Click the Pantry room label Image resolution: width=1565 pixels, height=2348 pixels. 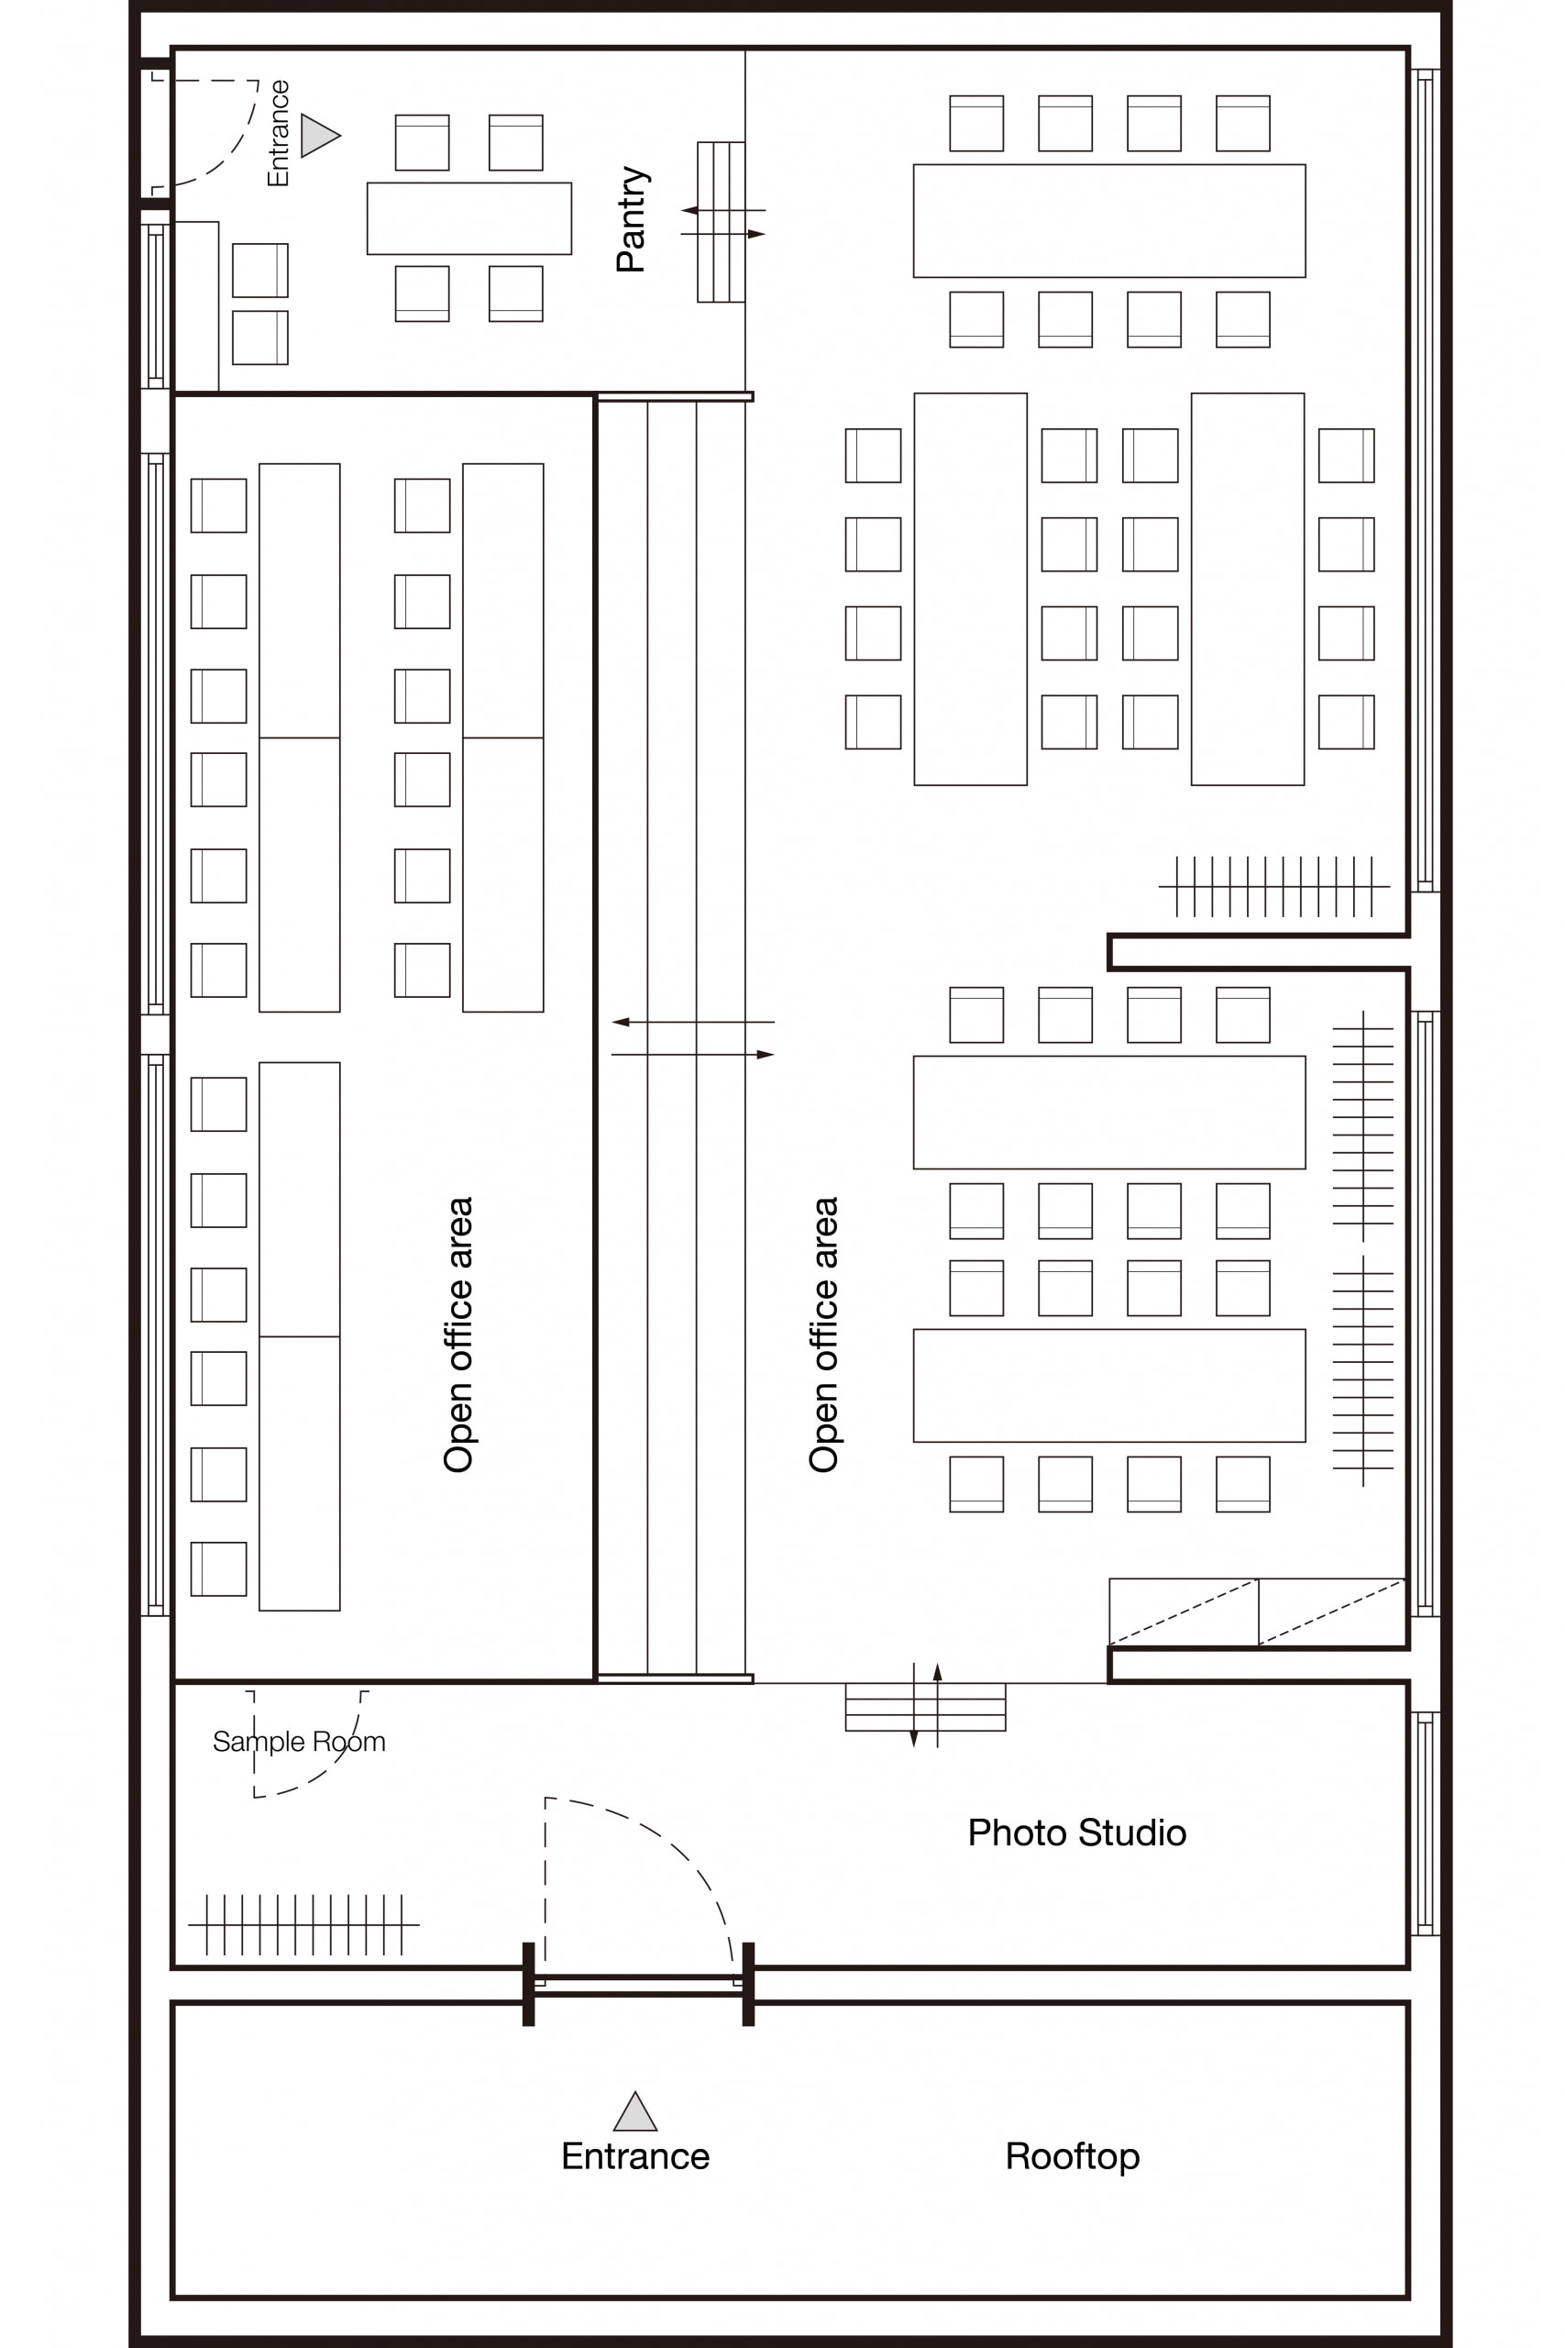coord(632,219)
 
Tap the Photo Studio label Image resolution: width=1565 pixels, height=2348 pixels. coord(1077,1833)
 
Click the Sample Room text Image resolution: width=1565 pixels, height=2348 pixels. coord(299,1741)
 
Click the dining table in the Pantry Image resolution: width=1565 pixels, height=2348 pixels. coord(469,217)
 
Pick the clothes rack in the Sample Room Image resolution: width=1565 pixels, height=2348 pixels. coord(303,1923)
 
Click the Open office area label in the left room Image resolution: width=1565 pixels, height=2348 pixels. coord(458,1335)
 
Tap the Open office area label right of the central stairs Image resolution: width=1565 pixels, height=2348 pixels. coord(823,1335)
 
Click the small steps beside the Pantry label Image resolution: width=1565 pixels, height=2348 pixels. coord(721,222)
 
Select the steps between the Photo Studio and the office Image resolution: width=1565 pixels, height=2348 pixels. coord(925,1707)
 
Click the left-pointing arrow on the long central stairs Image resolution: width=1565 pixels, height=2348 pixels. coord(693,1023)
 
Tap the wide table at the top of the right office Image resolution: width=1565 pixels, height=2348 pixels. coord(1108,221)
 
